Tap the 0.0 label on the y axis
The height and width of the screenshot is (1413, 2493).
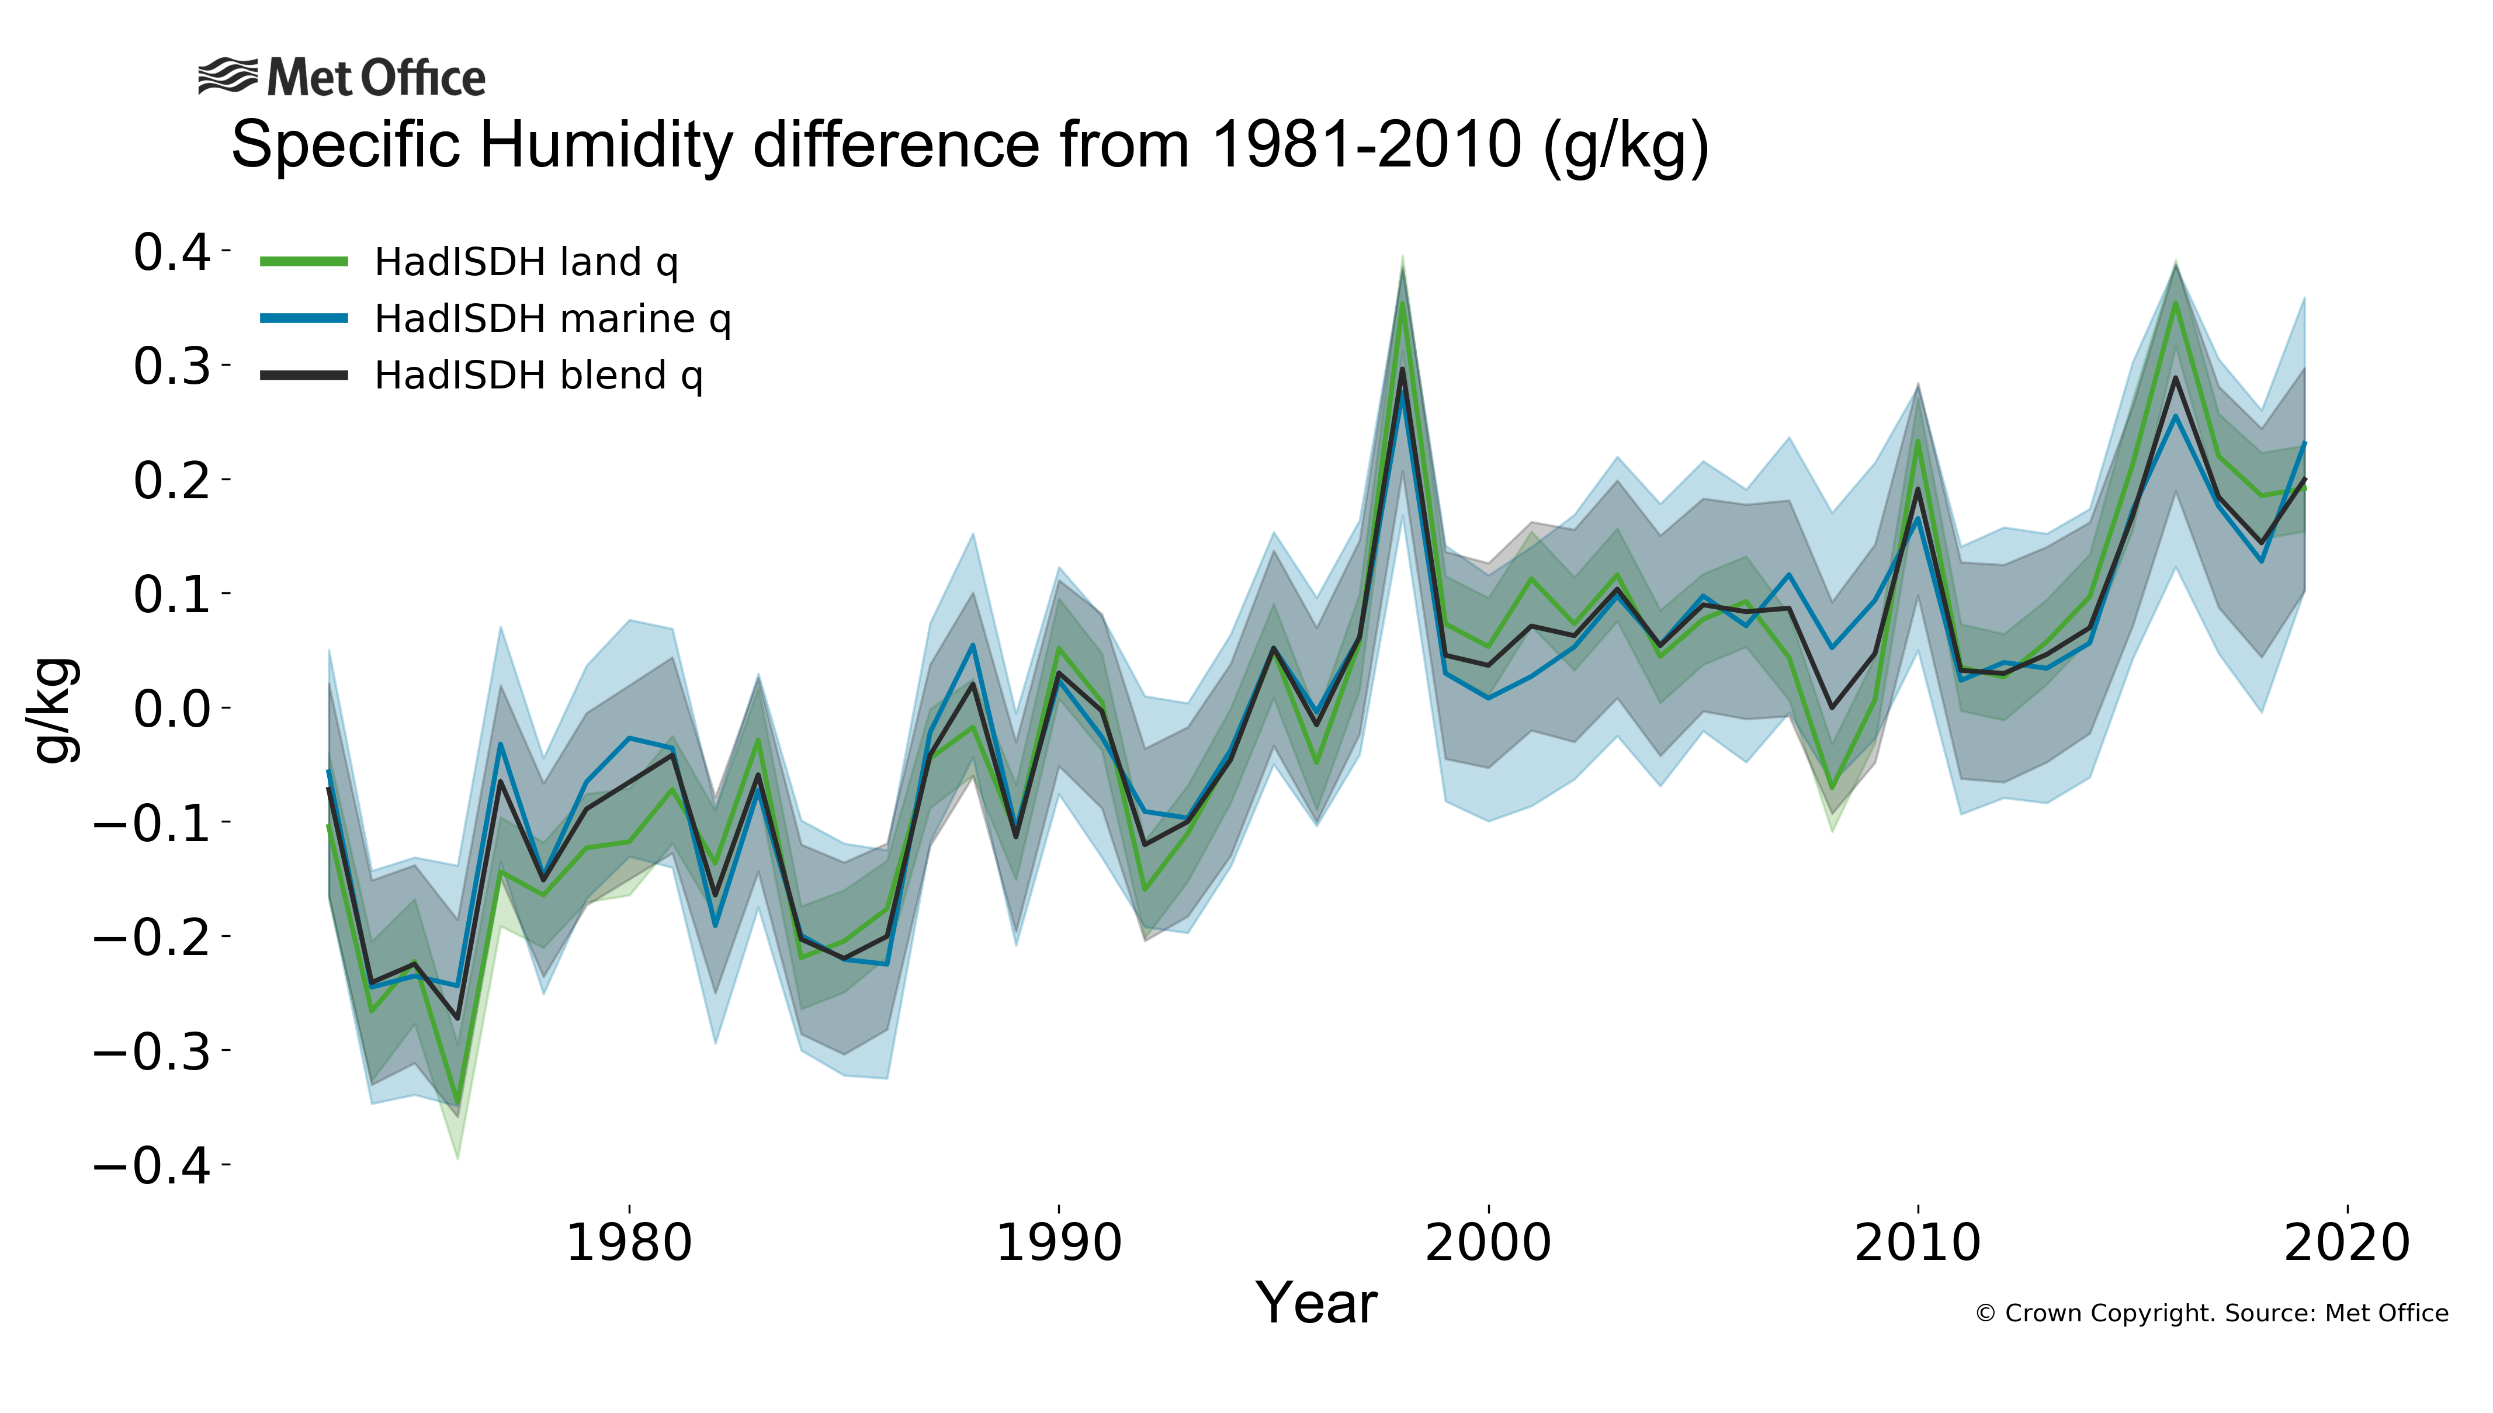[x=172, y=709]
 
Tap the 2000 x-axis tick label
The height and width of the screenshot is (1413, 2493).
[x=1488, y=1243]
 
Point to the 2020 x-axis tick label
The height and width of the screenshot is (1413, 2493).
[x=2346, y=1243]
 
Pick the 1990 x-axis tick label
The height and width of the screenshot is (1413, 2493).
[x=1059, y=1243]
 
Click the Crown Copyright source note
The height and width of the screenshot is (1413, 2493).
[x=2211, y=1313]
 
